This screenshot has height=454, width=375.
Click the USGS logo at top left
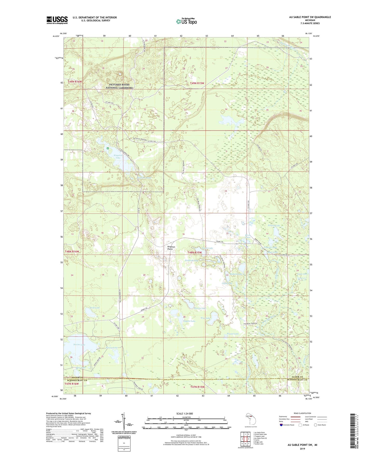point(57,20)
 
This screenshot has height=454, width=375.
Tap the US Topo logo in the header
point(187,21)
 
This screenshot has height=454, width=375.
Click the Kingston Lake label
point(118,157)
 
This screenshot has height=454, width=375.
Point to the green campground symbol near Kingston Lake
point(108,148)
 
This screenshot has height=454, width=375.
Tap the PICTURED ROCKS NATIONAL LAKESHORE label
point(119,86)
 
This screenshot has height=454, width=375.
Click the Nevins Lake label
point(79,345)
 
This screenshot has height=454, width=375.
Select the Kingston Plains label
point(171,248)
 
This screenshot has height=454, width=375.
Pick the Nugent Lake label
point(189,321)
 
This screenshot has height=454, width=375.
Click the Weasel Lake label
point(233,334)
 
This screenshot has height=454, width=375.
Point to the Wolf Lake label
point(95,308)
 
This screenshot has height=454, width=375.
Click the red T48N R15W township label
point(195,252)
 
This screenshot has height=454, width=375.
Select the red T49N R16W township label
point(75,82)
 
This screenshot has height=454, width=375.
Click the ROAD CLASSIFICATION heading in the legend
point(302,413)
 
